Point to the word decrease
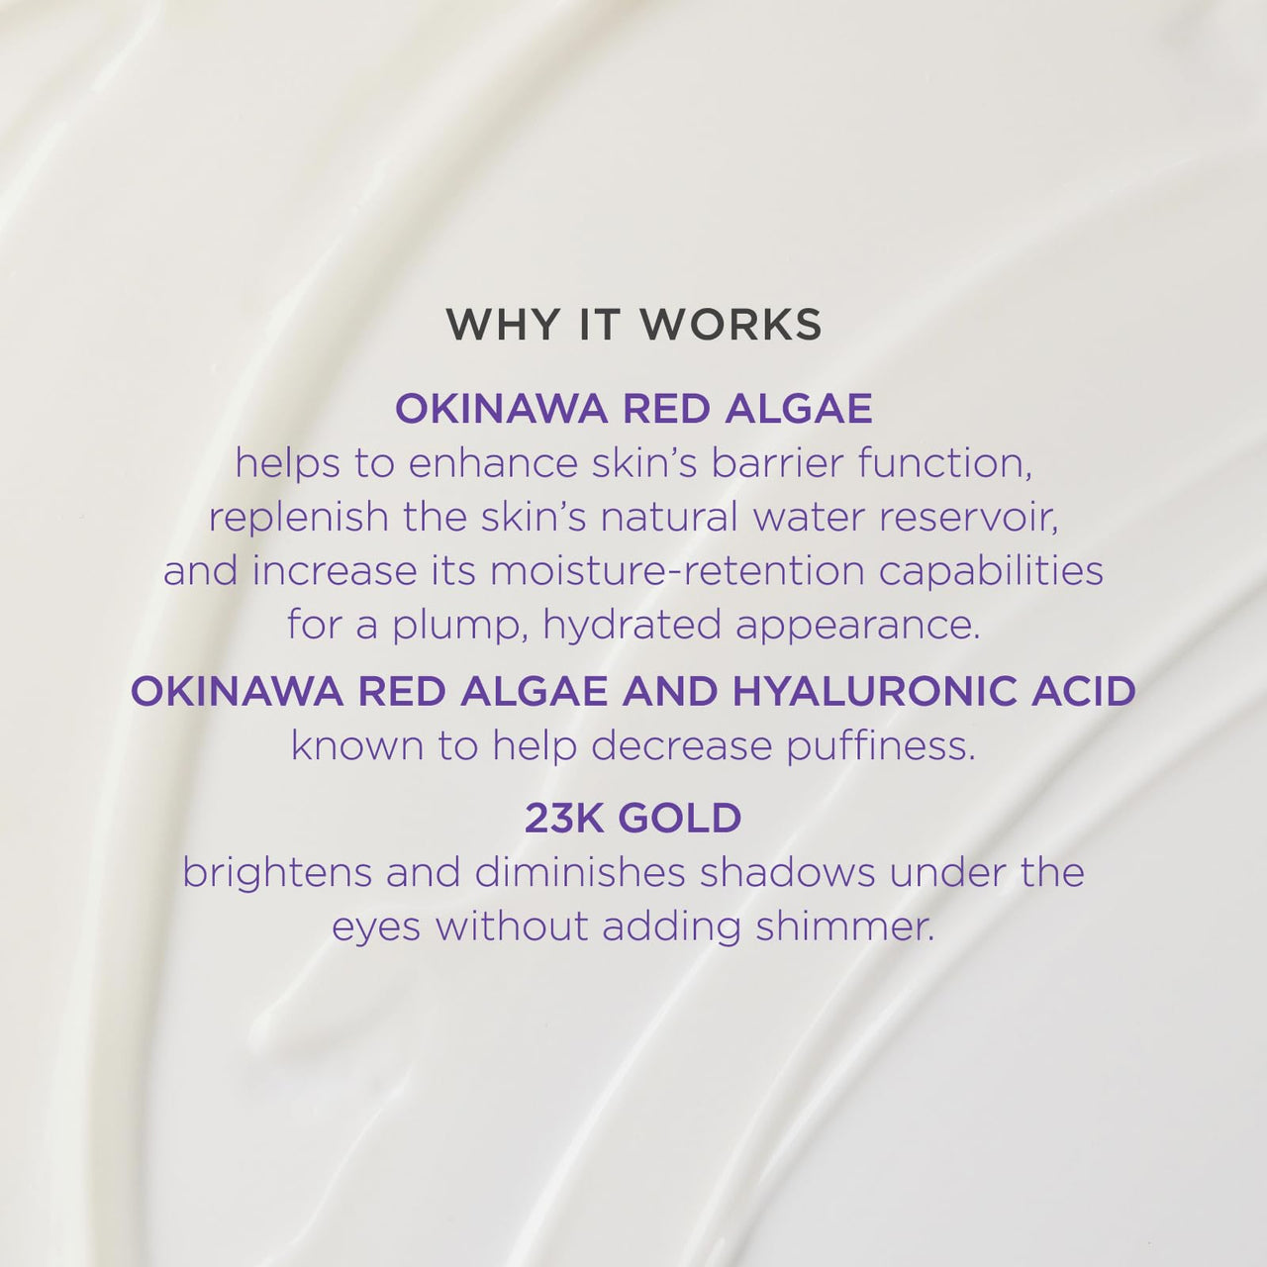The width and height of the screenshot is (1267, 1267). [x=682, y=746]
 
